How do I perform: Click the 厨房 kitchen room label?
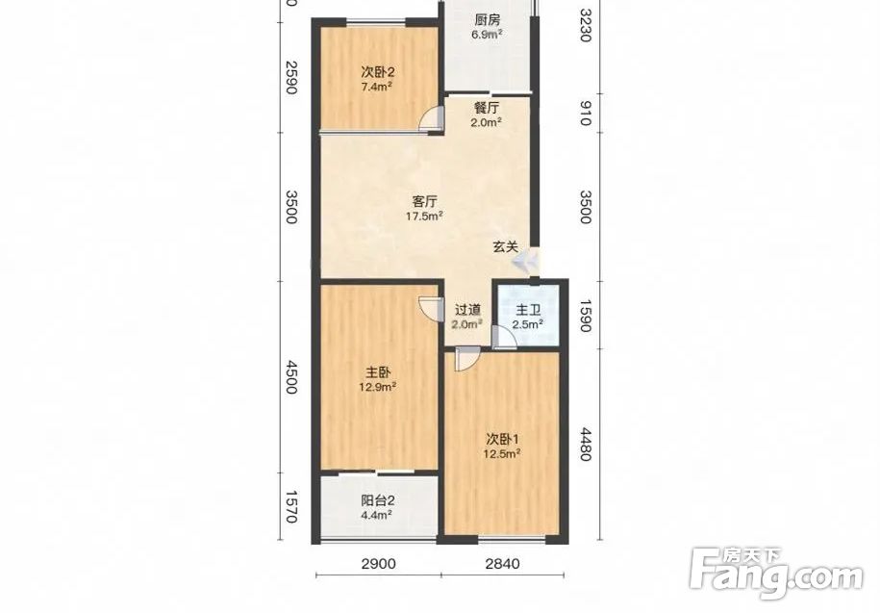(487, 21)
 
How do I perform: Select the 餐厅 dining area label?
(487, 109)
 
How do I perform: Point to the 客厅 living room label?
(425, 201)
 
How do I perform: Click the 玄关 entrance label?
(505, 246)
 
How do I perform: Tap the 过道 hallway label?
(467, 310)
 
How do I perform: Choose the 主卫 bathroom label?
(528, 310)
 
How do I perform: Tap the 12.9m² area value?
(378, 387)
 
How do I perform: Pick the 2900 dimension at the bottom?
(379, 563)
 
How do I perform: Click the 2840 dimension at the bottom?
(502, 563)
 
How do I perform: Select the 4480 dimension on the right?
(585, 444)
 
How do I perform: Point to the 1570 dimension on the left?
(290, 506)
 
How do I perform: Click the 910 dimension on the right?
(585, 113)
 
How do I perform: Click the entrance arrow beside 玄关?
(525, 261)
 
